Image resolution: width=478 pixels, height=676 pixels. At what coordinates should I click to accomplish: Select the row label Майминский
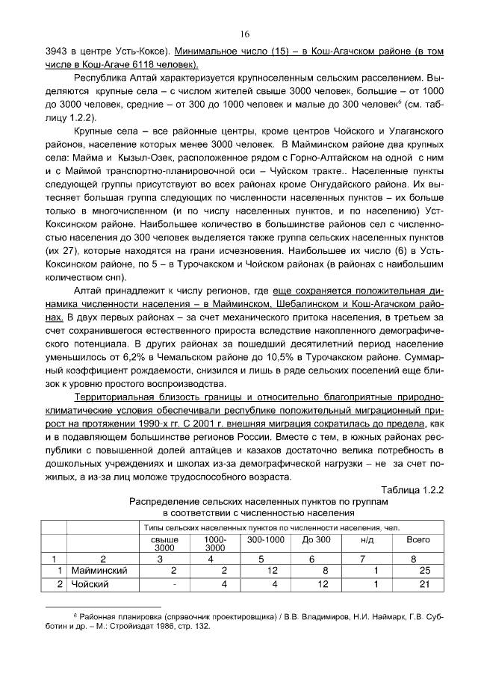(x=100, y=571)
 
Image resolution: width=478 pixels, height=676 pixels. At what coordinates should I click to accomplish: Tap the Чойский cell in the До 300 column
(x=317, y=584)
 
